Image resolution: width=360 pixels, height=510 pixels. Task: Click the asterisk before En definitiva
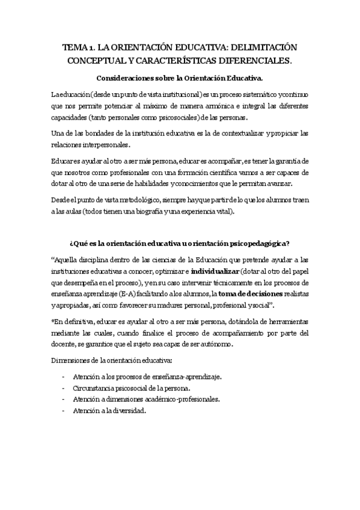[53, 321]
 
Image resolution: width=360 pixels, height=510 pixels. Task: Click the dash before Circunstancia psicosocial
[64, 388]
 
